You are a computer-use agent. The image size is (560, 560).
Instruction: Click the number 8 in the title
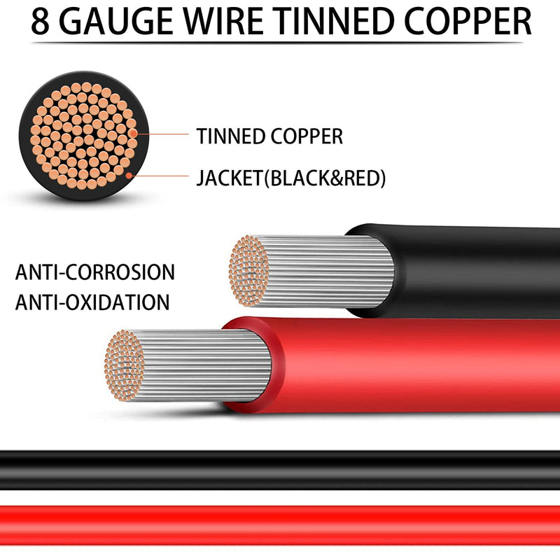(x=40, y=22)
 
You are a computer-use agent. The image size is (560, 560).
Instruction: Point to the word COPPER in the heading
(x=468, y=22)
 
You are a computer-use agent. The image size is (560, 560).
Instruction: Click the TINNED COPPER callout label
(x=269, y=136)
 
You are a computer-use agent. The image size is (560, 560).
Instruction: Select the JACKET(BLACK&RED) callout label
(x=291, y=178)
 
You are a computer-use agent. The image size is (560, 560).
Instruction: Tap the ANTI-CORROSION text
(x=95, y=272)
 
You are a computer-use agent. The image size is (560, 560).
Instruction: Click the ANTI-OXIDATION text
(x=92, y=302)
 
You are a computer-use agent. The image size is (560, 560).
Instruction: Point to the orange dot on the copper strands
(x=133, y=134)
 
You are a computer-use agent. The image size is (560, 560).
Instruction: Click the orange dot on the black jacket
(x=129, y=176)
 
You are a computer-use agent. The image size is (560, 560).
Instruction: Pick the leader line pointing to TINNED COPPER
(x=162, y=134)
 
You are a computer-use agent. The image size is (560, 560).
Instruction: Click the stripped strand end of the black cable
(x=249, y=271)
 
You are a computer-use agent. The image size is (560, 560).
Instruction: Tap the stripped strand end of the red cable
(x=125, y=365)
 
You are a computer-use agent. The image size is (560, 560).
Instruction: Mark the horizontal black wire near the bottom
(x=280, y=470)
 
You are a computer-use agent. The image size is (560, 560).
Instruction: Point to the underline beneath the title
(x=277, y=43)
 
